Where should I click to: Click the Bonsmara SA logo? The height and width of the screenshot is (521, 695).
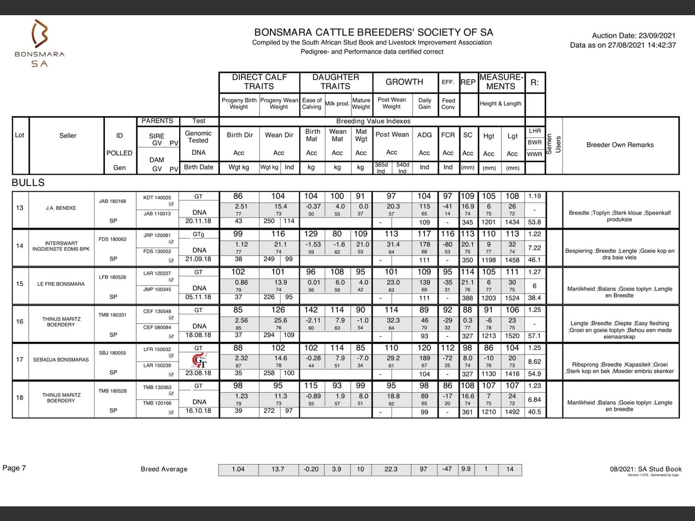(39, 43)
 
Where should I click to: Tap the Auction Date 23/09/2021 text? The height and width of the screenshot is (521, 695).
(634, 35)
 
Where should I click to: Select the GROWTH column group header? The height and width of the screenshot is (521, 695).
(404, 82)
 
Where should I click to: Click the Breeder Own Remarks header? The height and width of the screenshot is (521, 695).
(620, 145)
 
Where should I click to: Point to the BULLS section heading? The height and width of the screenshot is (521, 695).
(28, 183)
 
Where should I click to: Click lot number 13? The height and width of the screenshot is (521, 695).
(20, 208)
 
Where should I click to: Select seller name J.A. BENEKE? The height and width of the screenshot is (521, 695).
(60, 208)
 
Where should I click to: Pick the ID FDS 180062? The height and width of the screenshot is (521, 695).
(112, 239)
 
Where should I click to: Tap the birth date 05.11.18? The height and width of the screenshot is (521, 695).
(198, 297)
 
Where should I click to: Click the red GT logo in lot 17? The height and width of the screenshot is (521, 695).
(199, 360)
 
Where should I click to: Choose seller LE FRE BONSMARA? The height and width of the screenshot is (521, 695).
(61, 284)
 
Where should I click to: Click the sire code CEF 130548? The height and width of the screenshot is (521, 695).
(157, 312)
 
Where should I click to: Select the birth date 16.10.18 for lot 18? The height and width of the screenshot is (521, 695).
(198, 411)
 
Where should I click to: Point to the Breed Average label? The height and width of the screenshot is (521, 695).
(163, 469)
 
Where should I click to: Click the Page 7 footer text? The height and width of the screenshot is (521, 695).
(14, 468)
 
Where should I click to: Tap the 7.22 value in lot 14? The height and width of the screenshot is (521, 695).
(534, 247)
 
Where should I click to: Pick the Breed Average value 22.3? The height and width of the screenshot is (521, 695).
(390, 469)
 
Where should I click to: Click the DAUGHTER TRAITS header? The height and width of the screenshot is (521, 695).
(335, 82)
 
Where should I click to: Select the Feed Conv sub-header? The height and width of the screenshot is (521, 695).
(448, 104)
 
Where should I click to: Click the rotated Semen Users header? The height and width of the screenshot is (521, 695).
(553, 144)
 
